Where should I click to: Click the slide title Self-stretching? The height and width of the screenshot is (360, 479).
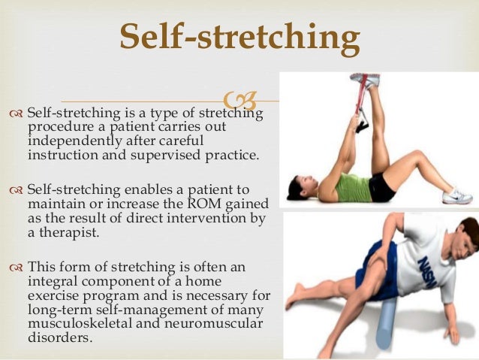coord(239,38)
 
